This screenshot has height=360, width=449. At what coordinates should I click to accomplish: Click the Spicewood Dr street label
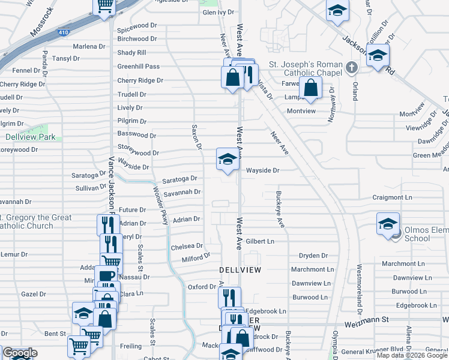[136, 28]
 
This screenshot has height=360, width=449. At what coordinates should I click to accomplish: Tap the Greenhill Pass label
[138, 67]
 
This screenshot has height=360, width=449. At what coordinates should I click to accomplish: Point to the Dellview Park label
[30, 137]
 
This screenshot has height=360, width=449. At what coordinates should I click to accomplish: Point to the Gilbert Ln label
[259, 241]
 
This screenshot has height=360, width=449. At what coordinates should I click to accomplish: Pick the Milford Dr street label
[196, 257]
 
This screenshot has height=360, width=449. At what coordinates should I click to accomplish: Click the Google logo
[19, 352]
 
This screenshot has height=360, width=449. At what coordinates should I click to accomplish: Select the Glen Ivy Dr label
[218, 12]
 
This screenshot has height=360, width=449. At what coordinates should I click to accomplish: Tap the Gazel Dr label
[34, 294]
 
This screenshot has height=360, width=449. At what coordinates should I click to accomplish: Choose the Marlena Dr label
[89, 46]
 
